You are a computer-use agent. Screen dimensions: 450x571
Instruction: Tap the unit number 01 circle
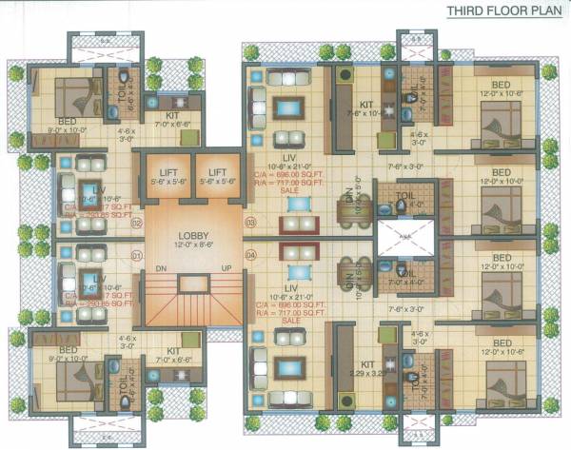(136, 254)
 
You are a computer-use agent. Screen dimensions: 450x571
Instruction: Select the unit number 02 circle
(136, 223)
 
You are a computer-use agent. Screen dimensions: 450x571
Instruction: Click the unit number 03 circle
(250, 223)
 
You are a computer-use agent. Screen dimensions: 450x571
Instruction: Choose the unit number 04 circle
(250, 254)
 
